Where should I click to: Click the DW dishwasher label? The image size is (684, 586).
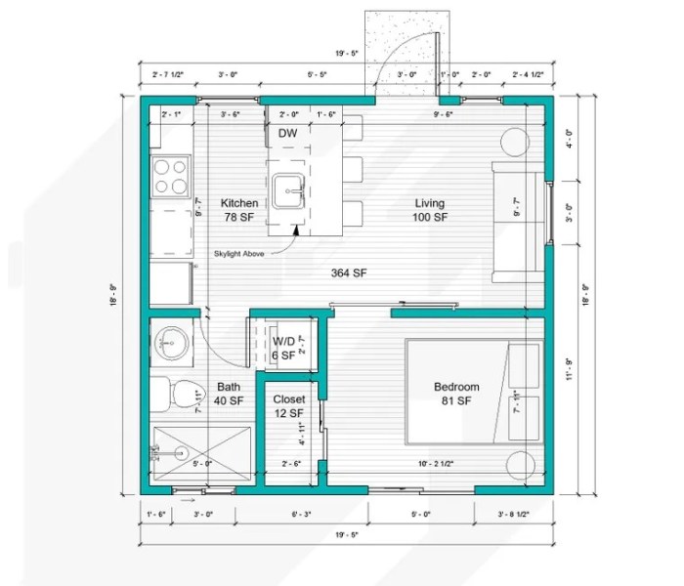coord(287,133)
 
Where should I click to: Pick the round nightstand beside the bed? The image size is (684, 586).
coord(520,463)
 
